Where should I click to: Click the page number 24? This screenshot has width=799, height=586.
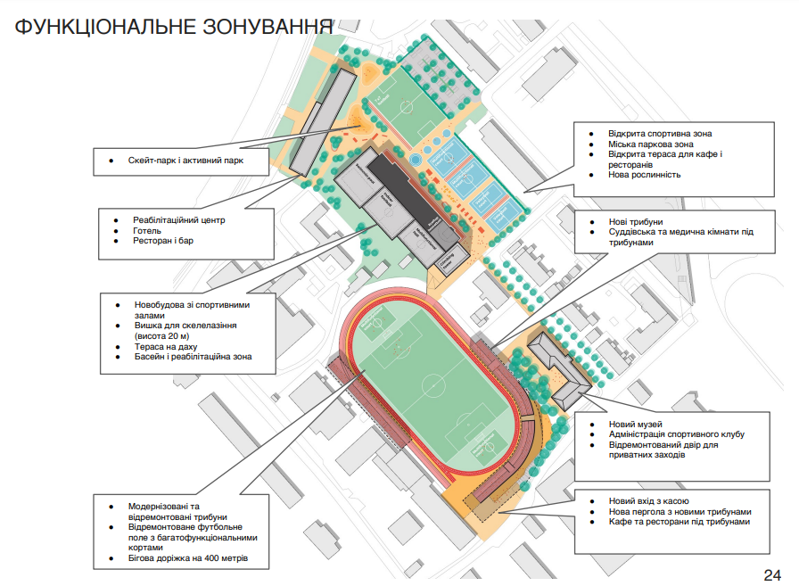[x=772, y=574]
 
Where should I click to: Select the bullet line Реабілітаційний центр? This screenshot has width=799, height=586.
[x=179, y=219]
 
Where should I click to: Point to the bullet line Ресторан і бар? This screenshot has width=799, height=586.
[x=165, y=241]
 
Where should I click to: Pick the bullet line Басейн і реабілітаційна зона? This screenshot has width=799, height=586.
[x=193, y=357]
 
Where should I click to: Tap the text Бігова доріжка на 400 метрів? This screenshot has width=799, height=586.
[x=188, y=558]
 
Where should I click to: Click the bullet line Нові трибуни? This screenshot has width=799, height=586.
[x=636, y=222]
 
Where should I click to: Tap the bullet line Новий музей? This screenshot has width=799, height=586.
[x=636, y=424]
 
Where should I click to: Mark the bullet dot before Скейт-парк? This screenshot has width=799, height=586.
[x=111, y=161]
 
